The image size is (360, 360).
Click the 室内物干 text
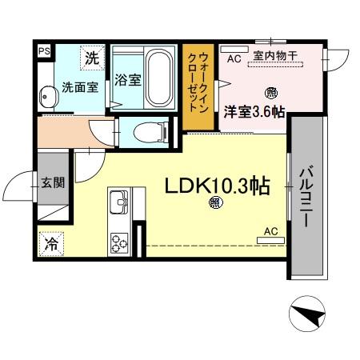[275, 56]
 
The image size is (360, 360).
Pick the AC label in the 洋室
[234, 58]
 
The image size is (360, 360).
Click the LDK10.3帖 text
[216, 186]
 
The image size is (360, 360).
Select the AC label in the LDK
[270, 231]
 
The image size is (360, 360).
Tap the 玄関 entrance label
[53, 182]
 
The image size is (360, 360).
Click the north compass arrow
[308, 314]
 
